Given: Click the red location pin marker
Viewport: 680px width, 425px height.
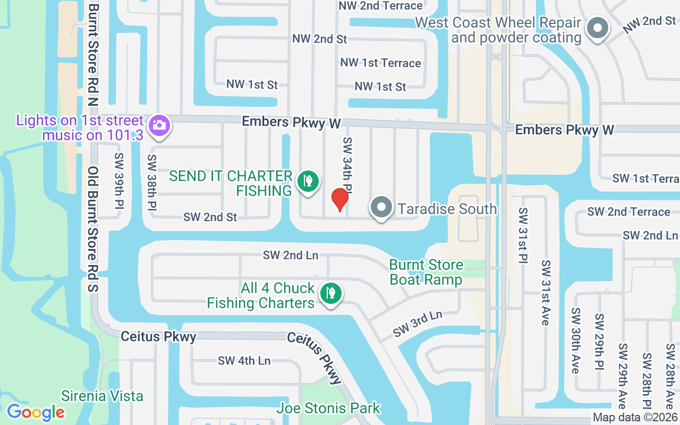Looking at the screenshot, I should (x=339, y=200).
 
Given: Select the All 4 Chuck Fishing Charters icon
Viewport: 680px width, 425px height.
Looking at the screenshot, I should (x=331, y=293).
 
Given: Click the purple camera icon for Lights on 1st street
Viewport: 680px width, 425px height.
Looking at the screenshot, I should (x=158, y=125).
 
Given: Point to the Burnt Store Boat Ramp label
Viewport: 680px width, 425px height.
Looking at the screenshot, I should (x=426, y=272).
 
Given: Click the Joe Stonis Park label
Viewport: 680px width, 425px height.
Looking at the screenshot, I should (x=328, y=409).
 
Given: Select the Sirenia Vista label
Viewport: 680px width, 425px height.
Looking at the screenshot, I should (x=102, y=396).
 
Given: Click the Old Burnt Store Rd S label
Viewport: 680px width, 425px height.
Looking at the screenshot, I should (x=93, y=229).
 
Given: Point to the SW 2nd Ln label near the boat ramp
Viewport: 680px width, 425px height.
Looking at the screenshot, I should (x=290, y=256).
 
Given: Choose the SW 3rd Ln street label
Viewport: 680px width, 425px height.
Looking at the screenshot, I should (x=418, y=324).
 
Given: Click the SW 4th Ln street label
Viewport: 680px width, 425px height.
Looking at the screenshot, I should (x=244, y=361).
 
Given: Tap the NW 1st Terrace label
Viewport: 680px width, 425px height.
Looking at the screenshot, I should (x=380, y=63).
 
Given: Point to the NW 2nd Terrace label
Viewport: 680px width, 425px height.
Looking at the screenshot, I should (x=380, y=6).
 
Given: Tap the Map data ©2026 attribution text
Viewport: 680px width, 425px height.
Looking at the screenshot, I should (x=635, y=418).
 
